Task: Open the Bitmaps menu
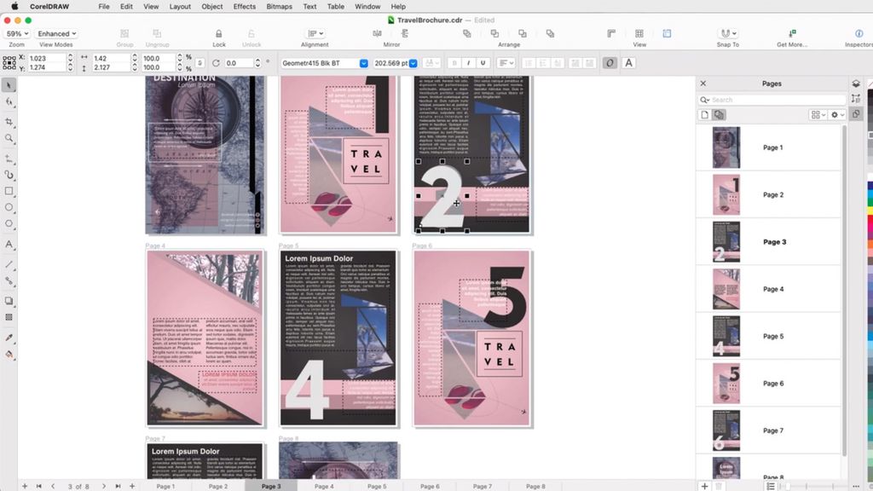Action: [280, 7]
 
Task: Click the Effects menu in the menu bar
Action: [245, 7]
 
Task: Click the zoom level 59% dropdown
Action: [16, 34]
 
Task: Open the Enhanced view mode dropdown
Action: [56, 34]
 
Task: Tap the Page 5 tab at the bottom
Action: [377, 486]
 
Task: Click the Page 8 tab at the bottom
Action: [535, 486]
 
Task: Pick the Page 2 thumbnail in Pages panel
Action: [726, 194]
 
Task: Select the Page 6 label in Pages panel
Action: [773, 384]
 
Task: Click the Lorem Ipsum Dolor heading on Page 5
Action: [319, 258]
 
